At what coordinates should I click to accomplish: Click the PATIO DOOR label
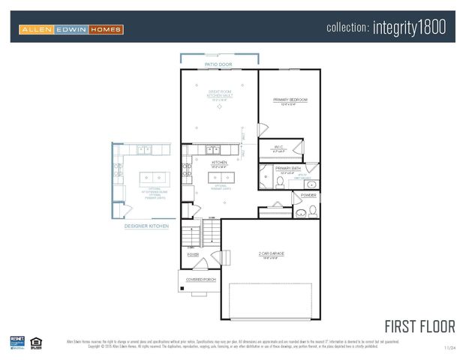pyautogui.click(x=218, y=65)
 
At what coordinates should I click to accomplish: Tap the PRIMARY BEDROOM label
pyautogui.click(x=290, y=100)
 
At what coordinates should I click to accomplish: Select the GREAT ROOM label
pyautogui.click(x=218, y=93)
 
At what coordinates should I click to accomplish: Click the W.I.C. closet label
pyautogui.click(x=278, y=147)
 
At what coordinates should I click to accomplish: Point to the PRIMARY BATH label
pyautogui.click(x=287, y=168)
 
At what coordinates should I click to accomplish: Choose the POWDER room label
pyautogui.click(x=308, y=195)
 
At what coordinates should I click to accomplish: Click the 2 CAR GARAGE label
pyautogui.click(x=270, y=253)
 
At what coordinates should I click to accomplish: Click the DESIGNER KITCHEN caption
pyautogui.click(x=146, y=226)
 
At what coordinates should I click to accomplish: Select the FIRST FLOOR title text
pyautogui.click(x=419, y=326)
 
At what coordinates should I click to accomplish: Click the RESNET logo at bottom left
pyautogui.click(x=17, y=342)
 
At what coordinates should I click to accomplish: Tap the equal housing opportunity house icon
pyautogui.click(x=35, y=342)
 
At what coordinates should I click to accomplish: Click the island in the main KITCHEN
pyautogui.click(x=220, y=178)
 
